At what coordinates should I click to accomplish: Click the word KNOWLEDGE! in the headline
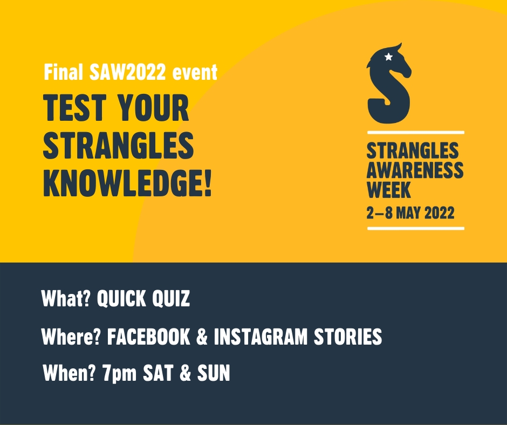pyautogui.click(x=127, y=182)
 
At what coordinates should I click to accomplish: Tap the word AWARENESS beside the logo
pyautogui.click(x=415, y=170)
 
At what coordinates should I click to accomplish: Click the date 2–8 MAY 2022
pyautogui.click(x=410, y=213)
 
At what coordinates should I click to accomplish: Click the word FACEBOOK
pyautogui.click(x=148, y=337)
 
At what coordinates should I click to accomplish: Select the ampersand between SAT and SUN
pyautogui.click(x=184, y=373)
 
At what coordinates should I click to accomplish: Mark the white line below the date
pyautogui.click(x=415, y=229)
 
